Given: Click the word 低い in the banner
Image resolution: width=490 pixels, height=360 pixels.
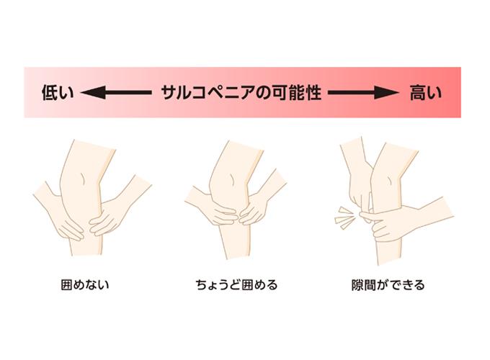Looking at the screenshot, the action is pyautogui.click(x=58, y=93).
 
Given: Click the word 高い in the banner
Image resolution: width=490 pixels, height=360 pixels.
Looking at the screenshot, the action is pyautogui.click(x=426, y=93).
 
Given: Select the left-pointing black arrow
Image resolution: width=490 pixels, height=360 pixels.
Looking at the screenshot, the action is pyautogui.click(x=116, y=93).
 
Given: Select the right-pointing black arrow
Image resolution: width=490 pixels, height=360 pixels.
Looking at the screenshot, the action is pyautogui.click(x=363, y=93).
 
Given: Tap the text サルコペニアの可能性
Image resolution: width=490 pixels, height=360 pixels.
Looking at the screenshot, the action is pyautogui.click(x=241, y=93).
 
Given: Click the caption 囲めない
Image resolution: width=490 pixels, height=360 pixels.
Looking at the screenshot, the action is pyautogui.click(x=85, y=284).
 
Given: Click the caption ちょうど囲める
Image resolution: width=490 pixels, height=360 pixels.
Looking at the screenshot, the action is pyautogui.click(x=236, y=284).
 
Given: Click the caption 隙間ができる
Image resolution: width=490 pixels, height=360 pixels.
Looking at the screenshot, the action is pyautogui.click(x=388, y=284).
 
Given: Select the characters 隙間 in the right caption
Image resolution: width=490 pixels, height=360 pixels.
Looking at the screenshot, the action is pyautogui.click(x=363, y=284).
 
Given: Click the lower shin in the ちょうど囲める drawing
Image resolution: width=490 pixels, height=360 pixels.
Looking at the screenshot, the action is pyautogui.click(x=235, y=240).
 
